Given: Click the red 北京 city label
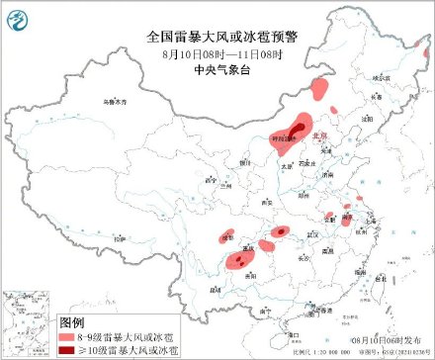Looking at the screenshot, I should click(x=318, y=135).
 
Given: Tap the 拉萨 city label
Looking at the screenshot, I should click(x=118, y=239).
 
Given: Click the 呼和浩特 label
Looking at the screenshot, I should click(x=284, y=141).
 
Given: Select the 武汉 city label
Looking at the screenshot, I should click(x=315, y=234).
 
